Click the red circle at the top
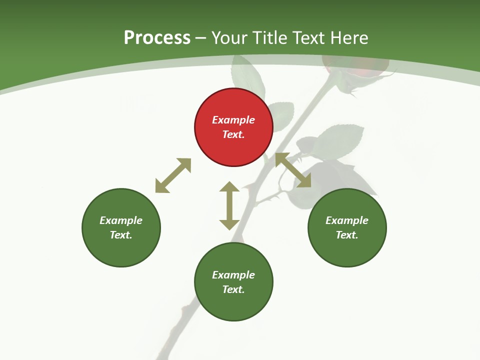click(x=233, y=127)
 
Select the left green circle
click(x=121, y=227)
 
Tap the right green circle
click(x=347, y=227)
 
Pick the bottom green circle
click(x=233, y=282)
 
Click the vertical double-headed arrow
click(x=229, y=205)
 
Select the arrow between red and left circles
click(x=173, y=175)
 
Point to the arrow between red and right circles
click(x=293, y=170)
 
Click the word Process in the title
click(x=157, y=37)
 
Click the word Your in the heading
click(x=230, y=37)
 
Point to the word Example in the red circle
click(x=233, y=120)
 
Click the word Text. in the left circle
click(x=121, y=235)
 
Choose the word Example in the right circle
click(x=347, y=220)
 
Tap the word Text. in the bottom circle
click(x=233, y=289)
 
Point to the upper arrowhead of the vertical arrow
click(x=229, y=187)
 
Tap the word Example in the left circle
click(x=121, y=220)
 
